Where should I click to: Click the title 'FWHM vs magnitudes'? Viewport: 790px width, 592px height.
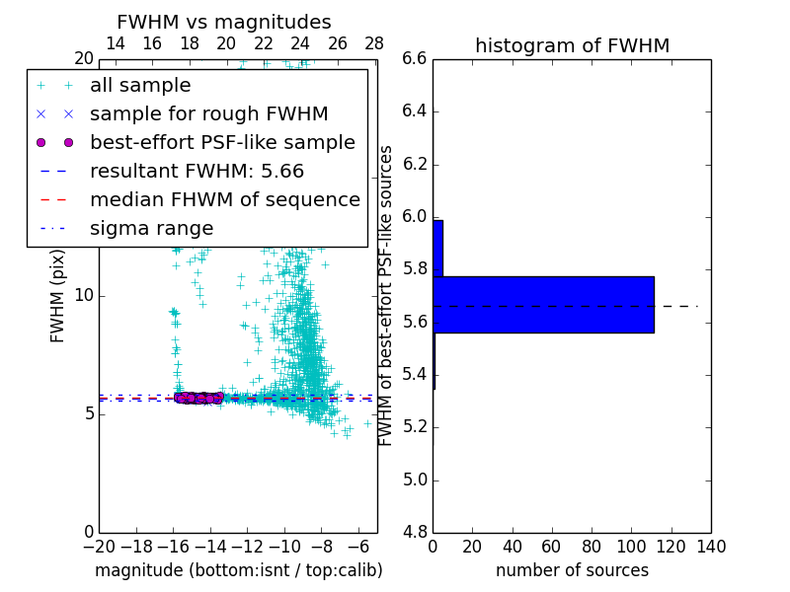[x=224, y=22]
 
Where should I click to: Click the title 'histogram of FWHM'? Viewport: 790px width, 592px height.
[x=572, y=45]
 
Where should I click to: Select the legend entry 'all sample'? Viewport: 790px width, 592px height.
[x=140, y=86]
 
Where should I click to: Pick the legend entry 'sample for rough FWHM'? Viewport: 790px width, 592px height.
[x=208, y=114]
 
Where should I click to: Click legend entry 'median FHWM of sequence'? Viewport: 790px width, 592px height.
[x=224, y=199]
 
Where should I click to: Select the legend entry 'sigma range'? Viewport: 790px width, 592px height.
[x=151, y=228]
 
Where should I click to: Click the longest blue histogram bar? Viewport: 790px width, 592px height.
[x=543, y=304]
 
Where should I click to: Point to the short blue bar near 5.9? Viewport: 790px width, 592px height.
[x=437, y=248]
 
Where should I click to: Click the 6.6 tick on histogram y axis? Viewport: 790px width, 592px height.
[x=415, y=58]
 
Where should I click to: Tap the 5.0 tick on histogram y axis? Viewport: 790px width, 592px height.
[x=415, y=480]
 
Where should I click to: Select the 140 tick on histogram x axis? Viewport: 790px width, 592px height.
[x=711, y=546]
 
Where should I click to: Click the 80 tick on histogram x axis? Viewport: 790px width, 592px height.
[x=592, y=546]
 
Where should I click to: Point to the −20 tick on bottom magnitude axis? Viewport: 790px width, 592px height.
[x=99, y=546]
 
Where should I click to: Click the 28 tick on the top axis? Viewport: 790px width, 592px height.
[x=374, y=43]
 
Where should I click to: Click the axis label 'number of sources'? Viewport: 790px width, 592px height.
[x=572, y=570]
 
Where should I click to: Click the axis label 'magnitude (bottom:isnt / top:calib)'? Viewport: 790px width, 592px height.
[x=238, y=570]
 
